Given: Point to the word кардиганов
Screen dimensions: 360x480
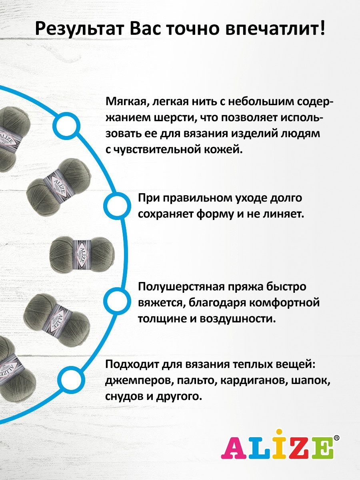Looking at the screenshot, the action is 253,381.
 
